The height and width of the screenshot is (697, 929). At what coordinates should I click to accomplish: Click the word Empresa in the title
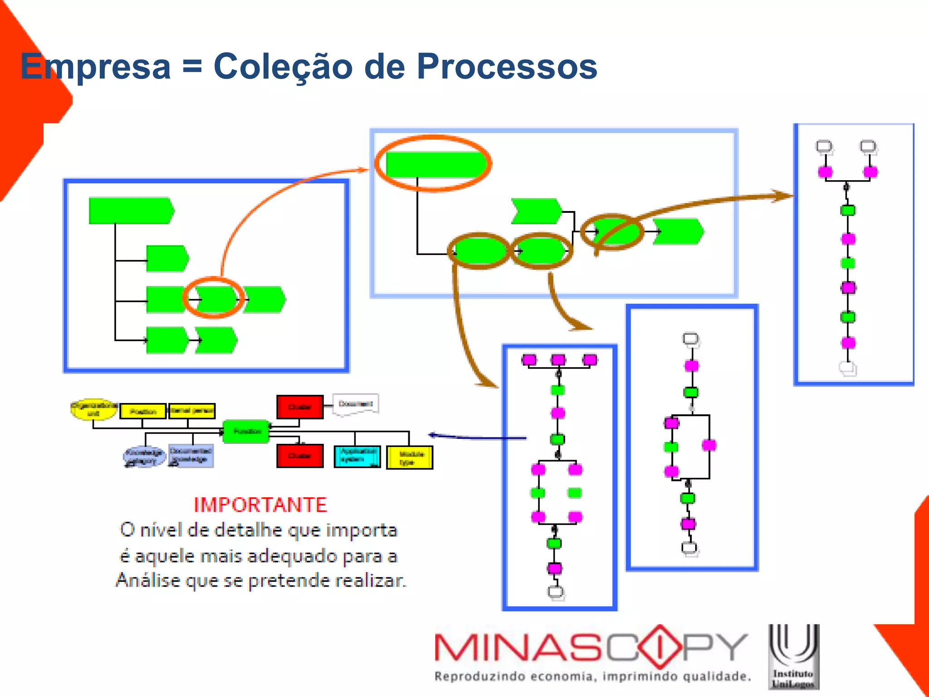click(x=96, y=67)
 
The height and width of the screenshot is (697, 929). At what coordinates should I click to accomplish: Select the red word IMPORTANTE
click(x=260, y=505)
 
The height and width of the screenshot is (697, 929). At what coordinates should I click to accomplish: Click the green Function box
click(x=246, y=431)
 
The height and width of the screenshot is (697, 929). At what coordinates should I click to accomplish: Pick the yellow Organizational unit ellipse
click(x=93, y=409)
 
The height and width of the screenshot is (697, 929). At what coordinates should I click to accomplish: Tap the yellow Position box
click(x=143, y=411)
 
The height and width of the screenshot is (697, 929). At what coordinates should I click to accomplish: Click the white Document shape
click(x=355, y=404)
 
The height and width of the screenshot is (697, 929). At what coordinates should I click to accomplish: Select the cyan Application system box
click(x=357, y=456)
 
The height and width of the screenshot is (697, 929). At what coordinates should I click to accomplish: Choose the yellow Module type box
click(x=409, y=457)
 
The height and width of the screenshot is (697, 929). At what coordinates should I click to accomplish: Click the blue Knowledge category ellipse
click(x=143, y=456)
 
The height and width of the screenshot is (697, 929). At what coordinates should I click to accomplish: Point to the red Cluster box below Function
click(x=300, y=456)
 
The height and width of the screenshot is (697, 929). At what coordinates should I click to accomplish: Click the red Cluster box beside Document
click(x=300, y=407)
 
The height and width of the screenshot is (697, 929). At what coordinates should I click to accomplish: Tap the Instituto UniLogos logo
click(x=793, y=657)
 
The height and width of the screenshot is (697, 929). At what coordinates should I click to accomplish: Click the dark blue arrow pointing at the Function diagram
click(x=476, y=437)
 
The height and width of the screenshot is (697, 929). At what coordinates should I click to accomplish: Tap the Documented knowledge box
click(x=191, y=456)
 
